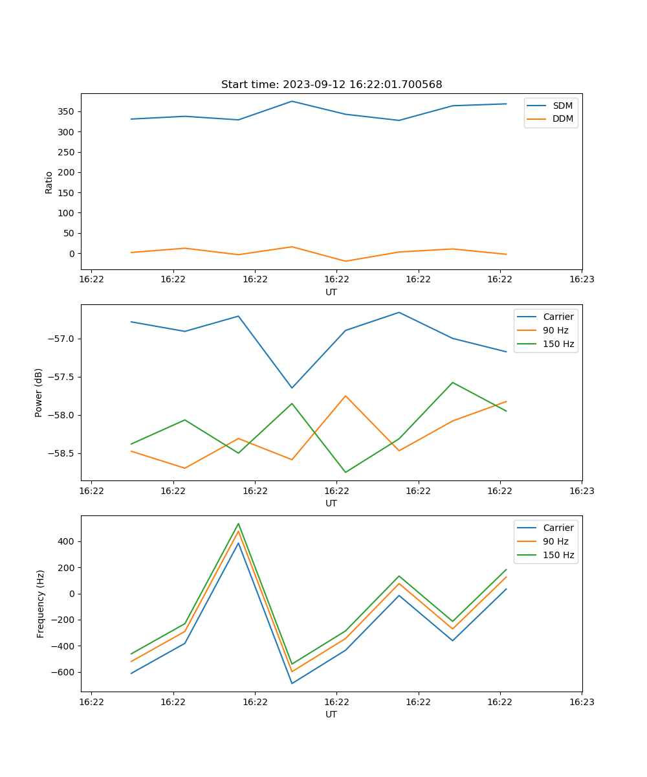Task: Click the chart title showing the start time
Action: pyautogui.click(x=331, y=85)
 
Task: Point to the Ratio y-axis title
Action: pyautogui.click(x=49, y=182)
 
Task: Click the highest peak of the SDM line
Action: pyautogui.click(x=292, y=101)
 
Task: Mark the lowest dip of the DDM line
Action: pyautogui.click(x=345, y=262)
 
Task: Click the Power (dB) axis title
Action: pyautogui.click(x=39, y=392)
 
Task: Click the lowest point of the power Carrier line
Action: pyautogui.click(x=292, y=388)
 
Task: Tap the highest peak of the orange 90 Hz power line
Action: pyautogui.click(x=345, y=396)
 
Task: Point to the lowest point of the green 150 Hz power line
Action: pyautogui.click(x=345, y=472)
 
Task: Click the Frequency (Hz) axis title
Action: pyautogui.click(x=41, y=603)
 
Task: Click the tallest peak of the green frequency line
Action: pyautogui.click(x=238, y=524)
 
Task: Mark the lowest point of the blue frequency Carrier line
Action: pyautogui.click(x=292, y=683)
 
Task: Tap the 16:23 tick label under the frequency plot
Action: pyautogui.click(x=581, y=702)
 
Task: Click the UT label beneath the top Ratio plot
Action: pyautogui.click(x=331, y=292)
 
